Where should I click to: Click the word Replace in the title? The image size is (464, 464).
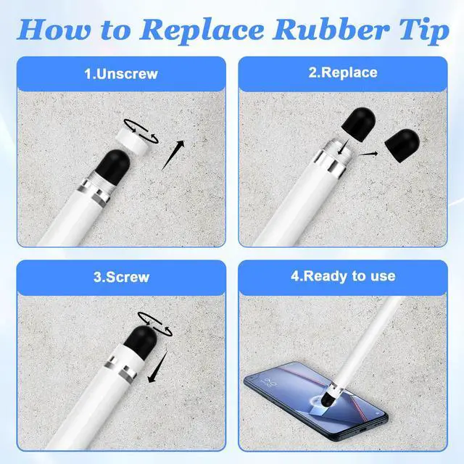(202, 30)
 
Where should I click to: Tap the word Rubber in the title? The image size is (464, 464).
(331, 30)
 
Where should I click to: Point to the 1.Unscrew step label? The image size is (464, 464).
(121, 74)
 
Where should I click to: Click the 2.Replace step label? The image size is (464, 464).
(343, 72)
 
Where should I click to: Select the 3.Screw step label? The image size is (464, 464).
(121, 277)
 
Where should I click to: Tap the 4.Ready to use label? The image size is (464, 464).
(343, 276)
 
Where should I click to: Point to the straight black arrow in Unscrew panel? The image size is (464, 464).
(173, 155)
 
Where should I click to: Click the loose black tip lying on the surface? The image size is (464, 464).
(402, 146)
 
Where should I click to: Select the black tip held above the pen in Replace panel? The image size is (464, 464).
(359, 123)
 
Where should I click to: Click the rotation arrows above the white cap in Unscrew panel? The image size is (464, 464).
(141, 130)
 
